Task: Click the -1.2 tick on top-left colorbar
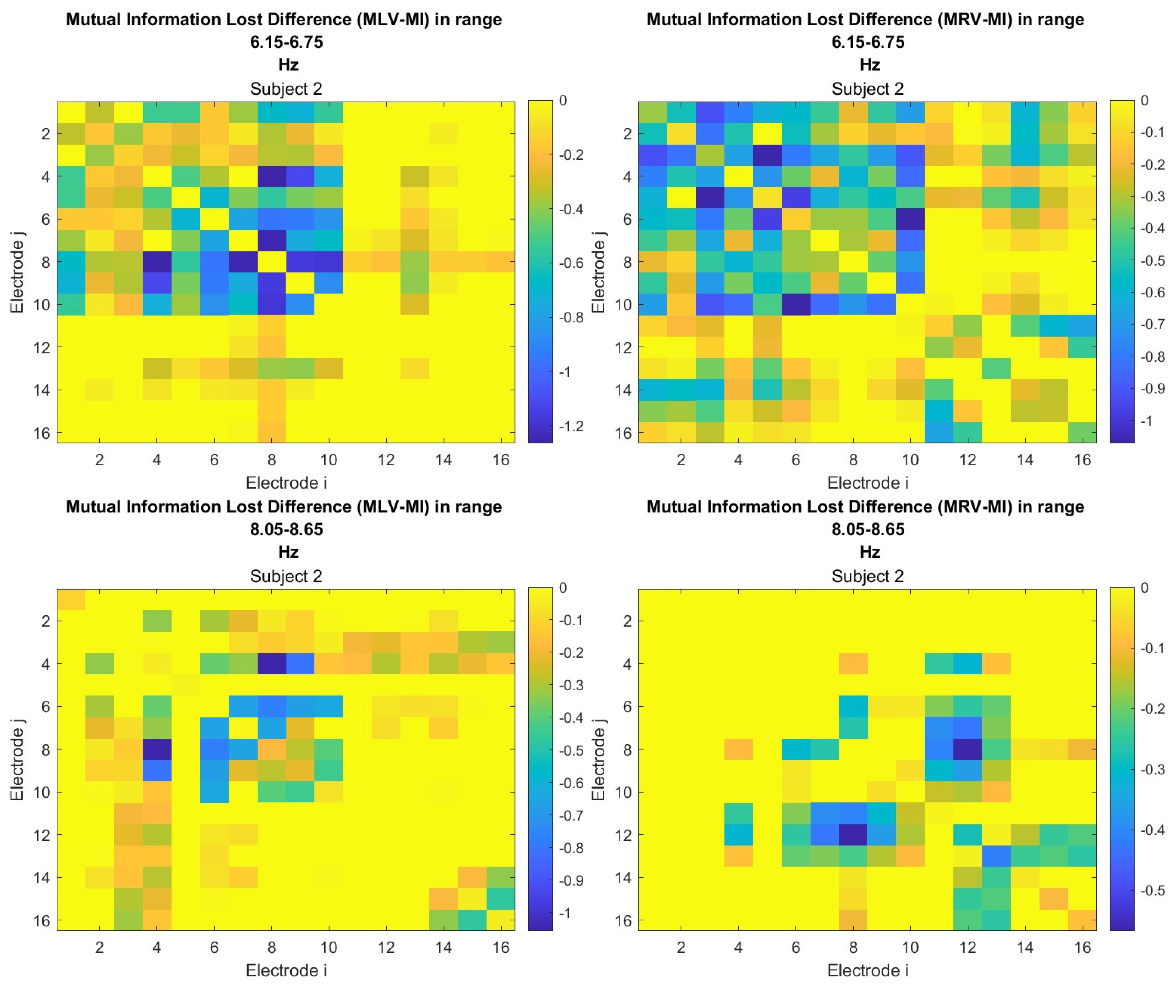[571, 426]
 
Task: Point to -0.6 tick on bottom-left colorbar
[571, 783]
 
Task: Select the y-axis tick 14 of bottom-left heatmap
[42, 878]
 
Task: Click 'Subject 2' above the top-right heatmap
[867, 89]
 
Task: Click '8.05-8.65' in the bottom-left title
[286, 529]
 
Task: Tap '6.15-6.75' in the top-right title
[867, 42]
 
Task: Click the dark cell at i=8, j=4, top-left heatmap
[272, 177]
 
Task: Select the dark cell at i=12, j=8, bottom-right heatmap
[967, 749]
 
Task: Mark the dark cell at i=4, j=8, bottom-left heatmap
[157, 749]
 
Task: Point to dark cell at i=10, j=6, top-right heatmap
[910, 219]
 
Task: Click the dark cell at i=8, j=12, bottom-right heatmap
[853, 835]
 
